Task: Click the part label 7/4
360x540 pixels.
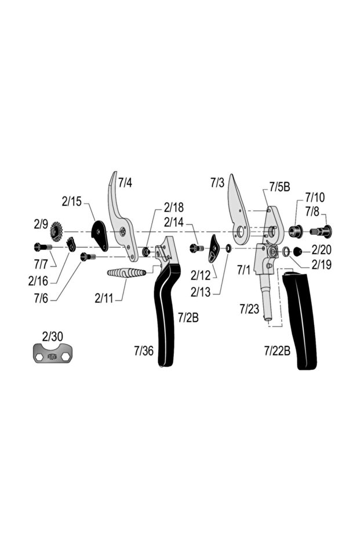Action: coord(125,183)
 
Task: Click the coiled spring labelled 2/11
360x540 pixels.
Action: coord(128,273)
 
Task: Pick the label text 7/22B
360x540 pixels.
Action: coord(277,350)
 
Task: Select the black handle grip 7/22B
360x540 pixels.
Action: coord(301,322)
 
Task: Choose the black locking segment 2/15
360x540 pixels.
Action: coord(100,235)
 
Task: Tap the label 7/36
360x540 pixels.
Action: coord(144,350)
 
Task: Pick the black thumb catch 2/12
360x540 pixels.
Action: coord(213,248)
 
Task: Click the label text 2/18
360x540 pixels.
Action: coord(173,207)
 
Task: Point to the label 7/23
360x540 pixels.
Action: coord(249,309)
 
